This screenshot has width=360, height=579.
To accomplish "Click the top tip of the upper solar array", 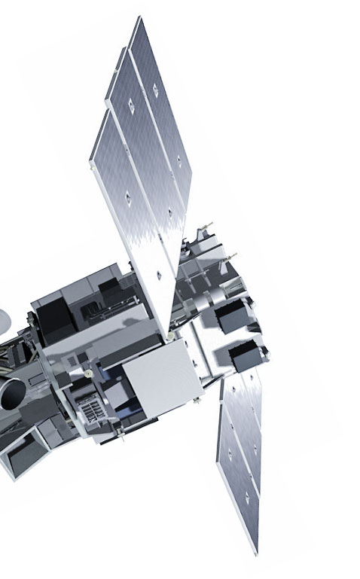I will click(x=137, y=18).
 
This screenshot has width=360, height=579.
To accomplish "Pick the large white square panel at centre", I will click(x=162, y=377).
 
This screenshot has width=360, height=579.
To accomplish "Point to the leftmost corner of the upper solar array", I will click(x=91, y=154).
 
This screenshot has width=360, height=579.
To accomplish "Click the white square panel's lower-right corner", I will click(x=202, y=397).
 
